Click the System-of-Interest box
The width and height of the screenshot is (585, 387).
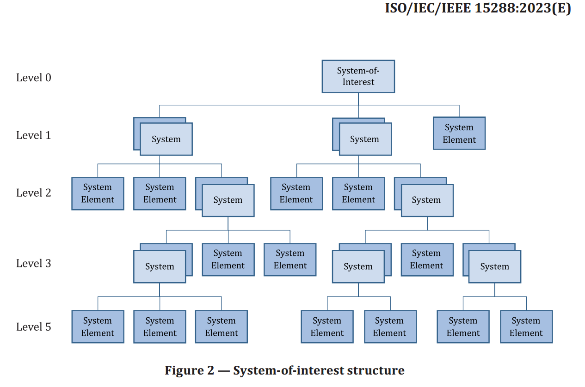(358, 76)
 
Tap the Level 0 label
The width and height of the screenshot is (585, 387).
(34, 78)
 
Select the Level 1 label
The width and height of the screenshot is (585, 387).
(34, 135)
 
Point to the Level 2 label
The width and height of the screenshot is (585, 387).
(34, 193)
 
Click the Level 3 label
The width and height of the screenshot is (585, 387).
(34, 263)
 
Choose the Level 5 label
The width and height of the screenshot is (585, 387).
(34, 327)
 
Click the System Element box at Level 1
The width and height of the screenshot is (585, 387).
(459, 133)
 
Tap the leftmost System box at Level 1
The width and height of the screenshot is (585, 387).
(166, 139)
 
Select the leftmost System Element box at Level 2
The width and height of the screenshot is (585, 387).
(98, 193)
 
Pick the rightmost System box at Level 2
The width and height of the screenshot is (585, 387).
(427, 200)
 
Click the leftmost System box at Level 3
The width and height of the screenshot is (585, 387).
(160, 266)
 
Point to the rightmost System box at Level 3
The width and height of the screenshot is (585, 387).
(494, 266)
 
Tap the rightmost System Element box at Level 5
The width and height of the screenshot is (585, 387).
(526, 327)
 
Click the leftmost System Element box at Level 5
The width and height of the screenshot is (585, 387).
(98, 327)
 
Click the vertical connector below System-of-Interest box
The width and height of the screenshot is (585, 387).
(358, 99)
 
